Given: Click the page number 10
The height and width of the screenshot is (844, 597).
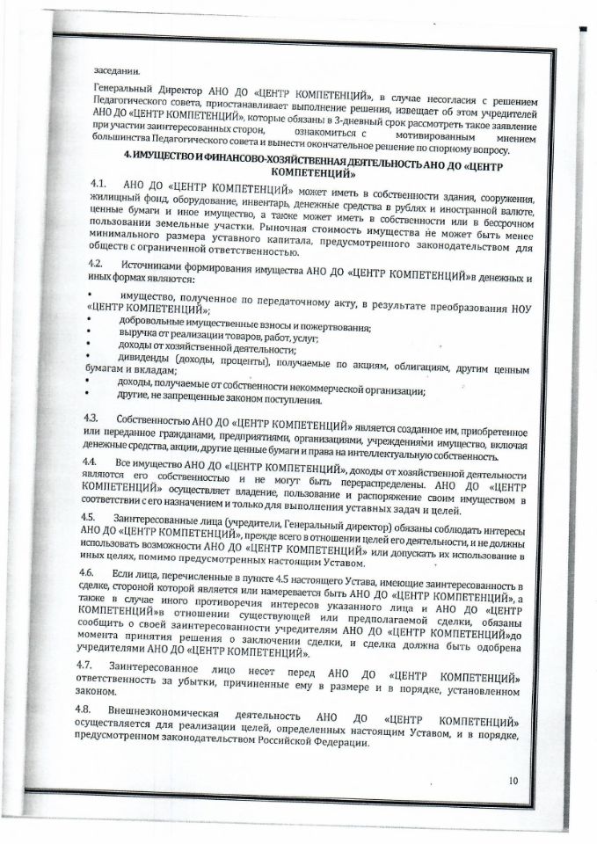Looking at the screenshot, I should point(515,780).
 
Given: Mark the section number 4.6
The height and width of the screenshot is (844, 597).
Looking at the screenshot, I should point(87,572).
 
